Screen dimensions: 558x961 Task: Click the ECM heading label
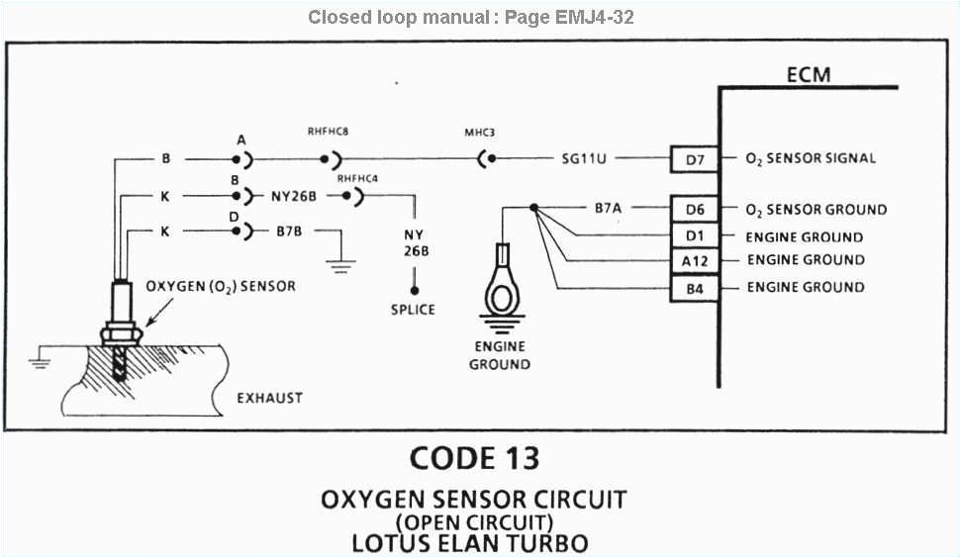tap(808, 75)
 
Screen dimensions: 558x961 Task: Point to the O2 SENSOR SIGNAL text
tap(811, 158)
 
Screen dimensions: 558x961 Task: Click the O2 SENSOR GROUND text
tap(817, 210)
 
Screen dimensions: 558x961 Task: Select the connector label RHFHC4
tap(356, 178)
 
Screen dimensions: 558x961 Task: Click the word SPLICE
tap(413, 310)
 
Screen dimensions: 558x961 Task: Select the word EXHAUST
tap(269, 399)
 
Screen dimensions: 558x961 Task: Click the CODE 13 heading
tap(474, 458)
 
